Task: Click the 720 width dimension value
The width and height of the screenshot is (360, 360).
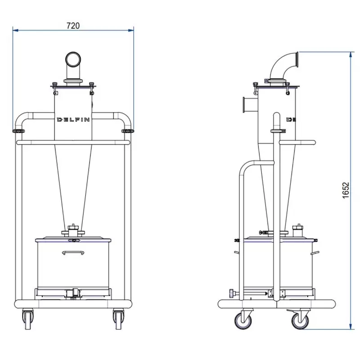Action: point(73,26)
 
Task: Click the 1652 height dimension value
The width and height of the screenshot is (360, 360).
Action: point(346,190)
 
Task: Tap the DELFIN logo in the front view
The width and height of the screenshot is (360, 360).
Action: point(73,120)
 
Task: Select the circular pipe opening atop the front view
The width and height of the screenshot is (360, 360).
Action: point(73,59)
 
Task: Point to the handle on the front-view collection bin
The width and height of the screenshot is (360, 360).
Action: point(73,252)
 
